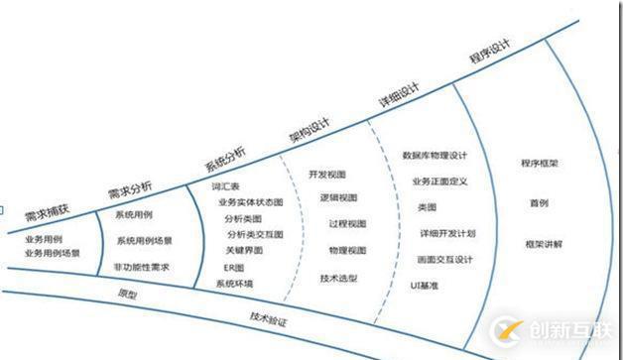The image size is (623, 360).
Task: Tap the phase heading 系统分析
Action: pyautogui.click(x=224, y=158)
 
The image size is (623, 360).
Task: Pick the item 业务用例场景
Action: pyautogui.click(x=52, y=253)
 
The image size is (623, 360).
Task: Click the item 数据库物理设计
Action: pyautogui.click(x=435, y=156)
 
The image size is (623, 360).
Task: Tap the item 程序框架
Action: pyautogui.click(x=540, y=163)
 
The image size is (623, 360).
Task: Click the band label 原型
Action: pyautogui.click(x=126, y=294)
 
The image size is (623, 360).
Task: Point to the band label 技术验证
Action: pyautogui.click(x=268, y=320)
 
